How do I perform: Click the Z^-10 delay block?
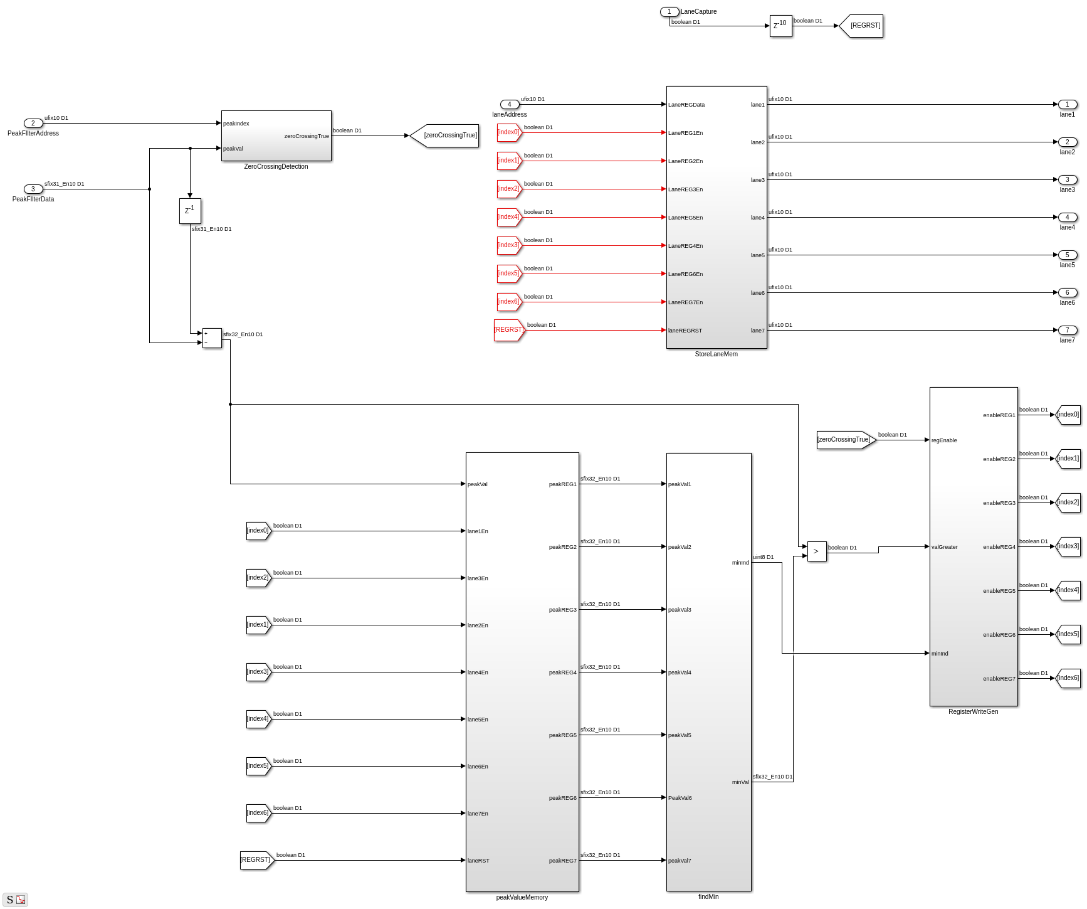pyautogui.click(x=780, y=26)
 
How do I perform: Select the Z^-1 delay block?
pyautogui.click(x=190, y=211)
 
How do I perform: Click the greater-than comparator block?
pyautogui.click(x=817, y=551)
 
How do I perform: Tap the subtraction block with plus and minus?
pyautogui.click(x=212, y=338)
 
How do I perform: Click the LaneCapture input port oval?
pyautogui.click(x=670, y=11)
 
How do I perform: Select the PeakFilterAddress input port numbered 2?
pyautogui.click(x=33, y=123)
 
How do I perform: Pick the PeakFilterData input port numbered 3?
pyautogui.click(x=33, y=189)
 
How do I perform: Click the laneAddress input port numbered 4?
pyautogui.click(x=510, y=104)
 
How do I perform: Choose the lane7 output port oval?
pyautogui.click(x=1068, y=330)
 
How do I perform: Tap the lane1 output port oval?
pyautogui.click(x=1068, y=104)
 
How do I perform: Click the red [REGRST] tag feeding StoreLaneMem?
pyautogui.click(x=509, y=330)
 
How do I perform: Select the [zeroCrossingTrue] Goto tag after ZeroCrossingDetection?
pyautogui.click(x=444, y=136)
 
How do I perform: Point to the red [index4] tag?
pyautogui.click(x=510, y=217)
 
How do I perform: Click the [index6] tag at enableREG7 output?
pyautogui.click(x=1068, y=678)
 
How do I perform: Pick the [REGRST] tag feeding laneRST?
pyautogui.click(x=257, y=860)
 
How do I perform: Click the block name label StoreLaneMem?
pyautogui.click(x=717, y=354)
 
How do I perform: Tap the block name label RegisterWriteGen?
pyautogui.click(x=974, y=712)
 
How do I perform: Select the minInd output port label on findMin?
pyautogui.click(x=740, y=563)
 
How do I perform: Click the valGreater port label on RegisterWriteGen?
pyautogui.click(x=945, y=547)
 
